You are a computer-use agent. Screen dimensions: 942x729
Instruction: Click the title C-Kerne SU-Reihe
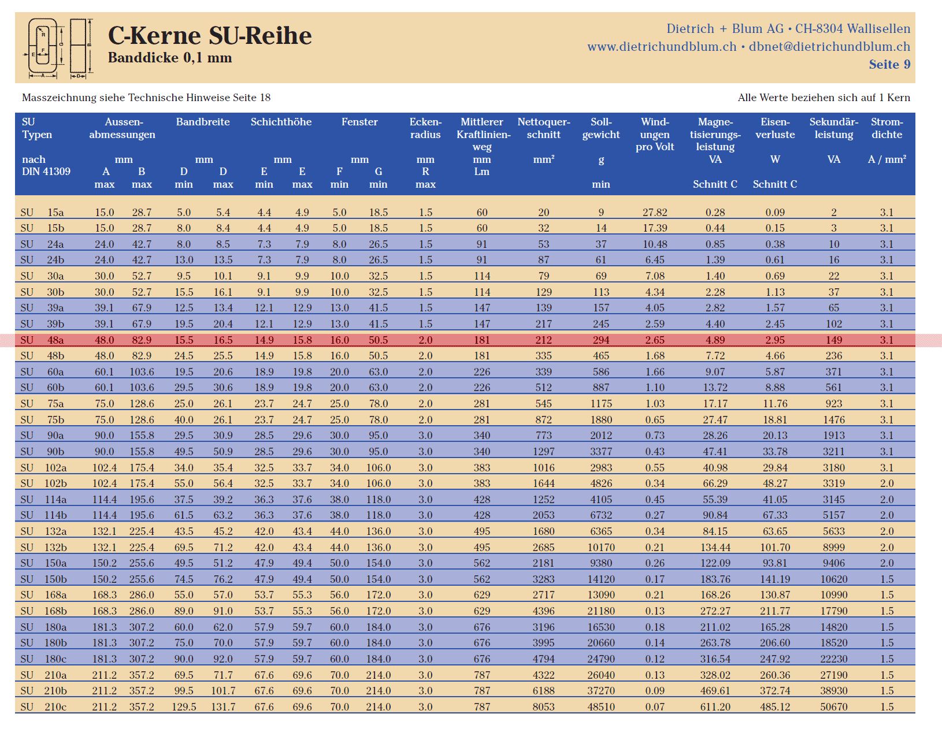[x=210, y=35]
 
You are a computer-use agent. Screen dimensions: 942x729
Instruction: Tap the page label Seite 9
[x=889, y=65]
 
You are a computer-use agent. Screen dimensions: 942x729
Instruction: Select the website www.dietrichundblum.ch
[x=662, y=46]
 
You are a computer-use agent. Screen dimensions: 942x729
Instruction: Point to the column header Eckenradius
[x=425, y=128]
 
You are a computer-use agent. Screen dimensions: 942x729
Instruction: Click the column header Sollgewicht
[x=601, y=128]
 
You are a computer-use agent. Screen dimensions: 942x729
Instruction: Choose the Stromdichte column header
[x=887, y=128]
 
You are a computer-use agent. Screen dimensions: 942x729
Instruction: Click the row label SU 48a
[x=42, y=340]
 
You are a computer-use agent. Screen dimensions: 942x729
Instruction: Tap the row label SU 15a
[x=42, y=212]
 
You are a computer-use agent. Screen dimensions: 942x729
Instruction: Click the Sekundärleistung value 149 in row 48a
[x=833, y=340]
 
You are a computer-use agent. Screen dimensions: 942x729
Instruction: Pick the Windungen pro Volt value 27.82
[x=655, y=212]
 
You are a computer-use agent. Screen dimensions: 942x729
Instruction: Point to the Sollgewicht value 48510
[x=601, y=707]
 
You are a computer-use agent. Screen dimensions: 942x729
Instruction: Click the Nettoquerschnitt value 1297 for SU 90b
[x=544, y=451]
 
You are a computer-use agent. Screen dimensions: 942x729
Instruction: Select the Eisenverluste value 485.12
[x=774, y=707]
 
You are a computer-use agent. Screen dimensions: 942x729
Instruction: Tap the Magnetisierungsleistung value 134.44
[x=715, y=548]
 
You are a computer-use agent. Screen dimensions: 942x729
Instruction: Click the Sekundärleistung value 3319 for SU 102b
[x=833, y=483]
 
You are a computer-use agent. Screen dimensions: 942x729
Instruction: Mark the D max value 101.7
[x=223, y=691]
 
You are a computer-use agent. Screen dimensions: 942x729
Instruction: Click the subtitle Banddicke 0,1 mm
[x=170, y=58]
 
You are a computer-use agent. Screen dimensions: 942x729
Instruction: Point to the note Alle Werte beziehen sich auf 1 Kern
[x=824, y=98]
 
